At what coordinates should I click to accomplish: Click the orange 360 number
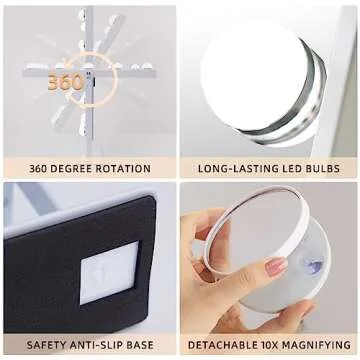pos(65,83)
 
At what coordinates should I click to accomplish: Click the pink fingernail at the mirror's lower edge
pos(276,267)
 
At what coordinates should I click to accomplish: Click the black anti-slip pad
pos(60,270)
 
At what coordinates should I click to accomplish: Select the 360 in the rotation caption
pos(40,168)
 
